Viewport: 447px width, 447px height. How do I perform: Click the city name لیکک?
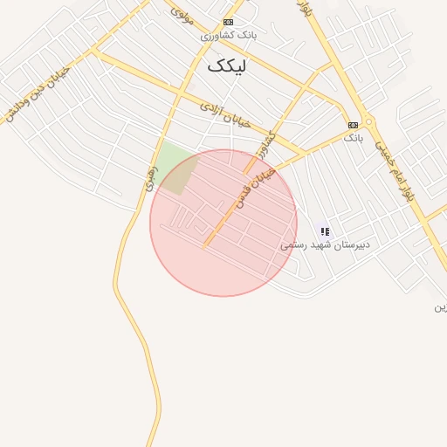tap(227, 66)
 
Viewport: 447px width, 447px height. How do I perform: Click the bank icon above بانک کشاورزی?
tap(228, 22)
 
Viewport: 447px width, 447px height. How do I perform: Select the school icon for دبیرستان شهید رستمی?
tap(325, 231)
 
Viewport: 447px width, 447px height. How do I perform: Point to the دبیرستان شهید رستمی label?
tap(325, 245)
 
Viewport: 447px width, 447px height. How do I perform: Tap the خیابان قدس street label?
tap(254, 188)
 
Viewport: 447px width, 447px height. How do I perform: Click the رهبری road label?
tap(151, 178)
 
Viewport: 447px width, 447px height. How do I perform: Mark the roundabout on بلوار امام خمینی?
tap(369, 122)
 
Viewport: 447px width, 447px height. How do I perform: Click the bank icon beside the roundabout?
tap(353, 125)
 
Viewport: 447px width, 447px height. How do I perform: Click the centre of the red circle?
tap(223, 223)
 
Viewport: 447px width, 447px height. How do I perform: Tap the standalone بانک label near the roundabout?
tap(352, 138)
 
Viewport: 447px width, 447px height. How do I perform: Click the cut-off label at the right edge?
tap(441, 307)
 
